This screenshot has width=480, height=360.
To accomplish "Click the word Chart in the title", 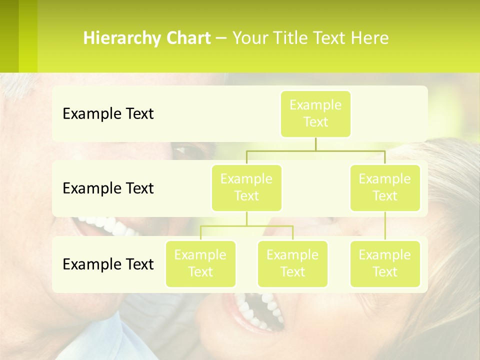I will click(x=188, y=38).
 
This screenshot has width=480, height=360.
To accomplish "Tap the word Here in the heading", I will click(x=369, y=38).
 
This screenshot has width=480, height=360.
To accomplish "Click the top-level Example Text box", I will click(x=315, y=114).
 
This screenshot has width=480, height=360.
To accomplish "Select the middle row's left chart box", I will click(x=246, y=188).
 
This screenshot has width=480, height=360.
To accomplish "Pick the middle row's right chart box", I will click(x=385, y=188).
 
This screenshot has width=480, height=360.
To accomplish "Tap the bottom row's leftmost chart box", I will click(x=200, y=264).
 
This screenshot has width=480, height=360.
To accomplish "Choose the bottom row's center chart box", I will click(x=292, y=264).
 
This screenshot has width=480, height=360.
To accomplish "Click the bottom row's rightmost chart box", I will click(x=385, y=264).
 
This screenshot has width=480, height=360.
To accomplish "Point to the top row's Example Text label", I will click(x=108, y=114).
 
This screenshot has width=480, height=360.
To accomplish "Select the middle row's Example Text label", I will click(x=108, y=188).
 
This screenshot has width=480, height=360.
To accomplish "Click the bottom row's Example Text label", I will click(x=108, y=264).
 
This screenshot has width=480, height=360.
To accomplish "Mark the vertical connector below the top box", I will click(x=315, y=144).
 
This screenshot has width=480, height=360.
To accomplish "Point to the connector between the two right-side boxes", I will click(x=385, y=226).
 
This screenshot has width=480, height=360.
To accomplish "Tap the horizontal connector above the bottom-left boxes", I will click(x=246, y=226).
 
